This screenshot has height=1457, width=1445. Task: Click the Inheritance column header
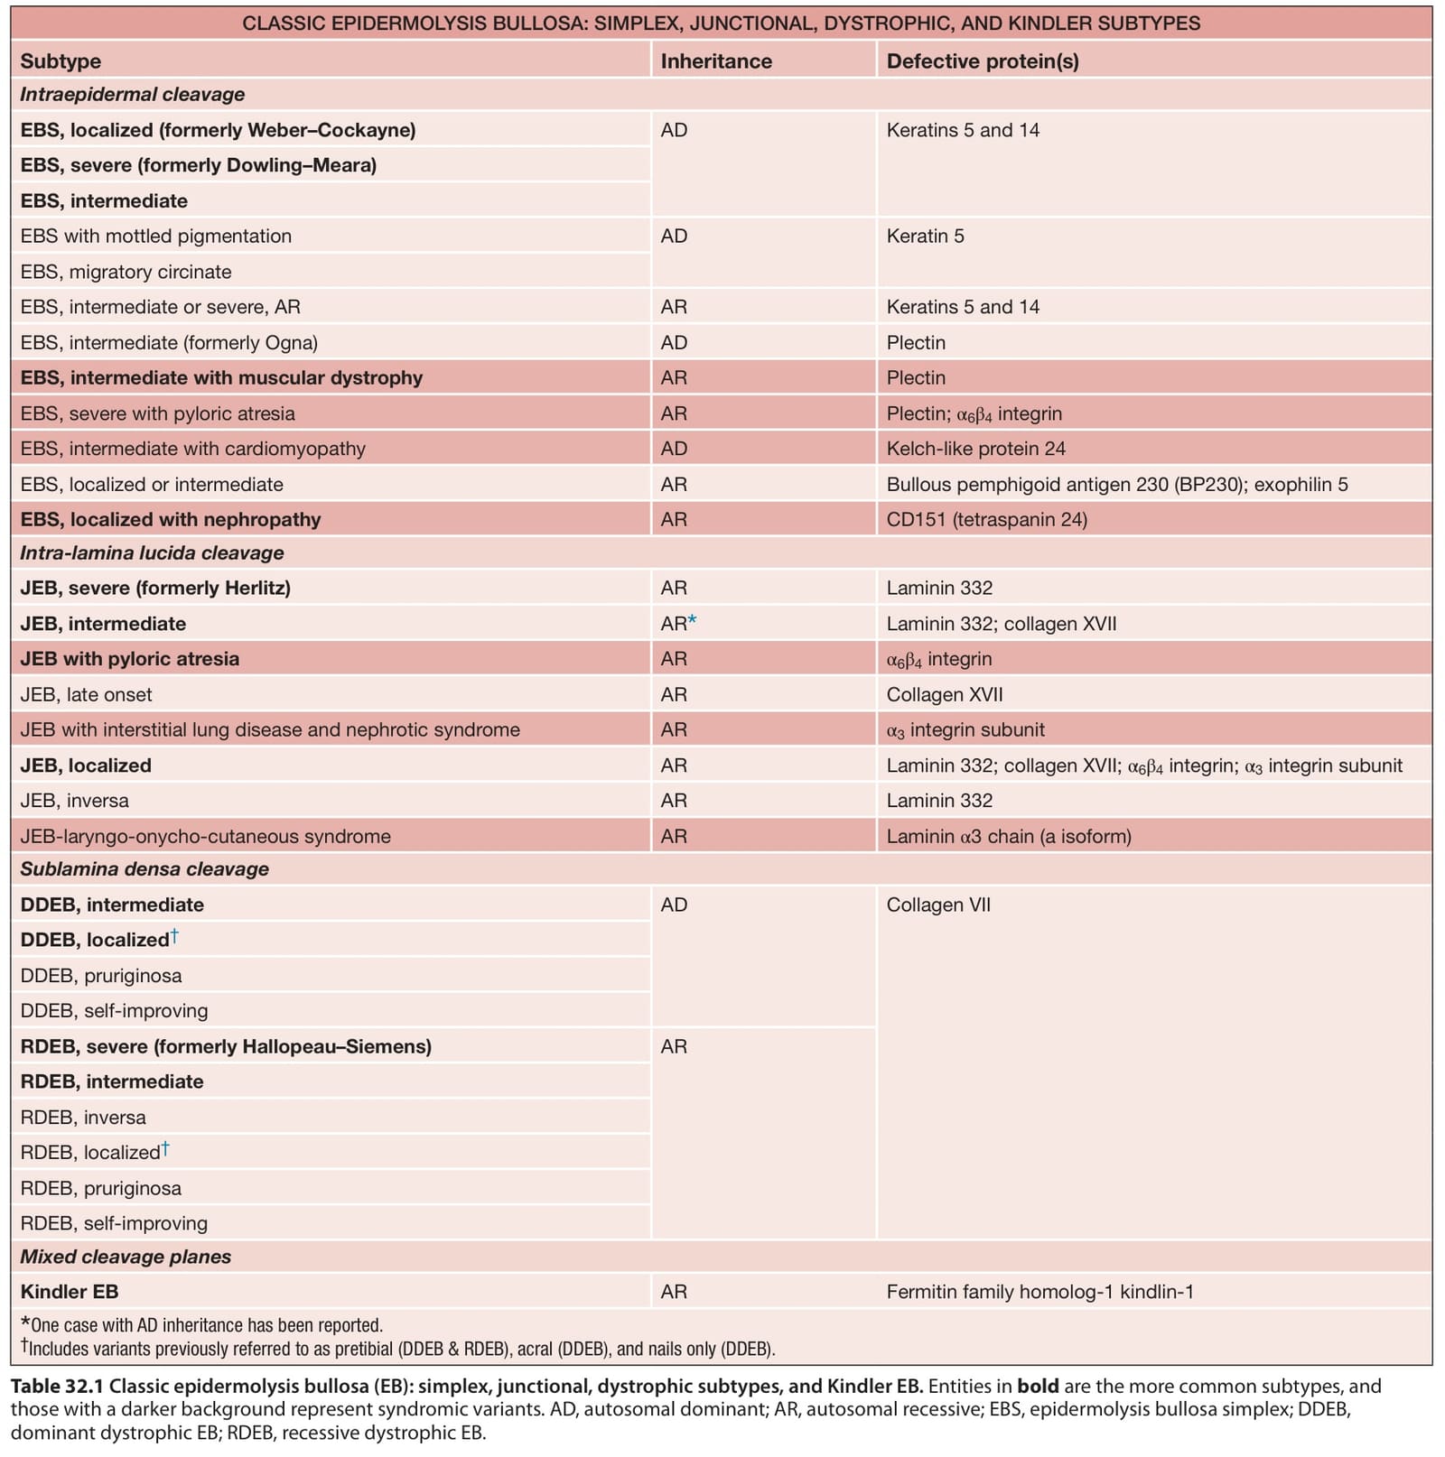(716, 61)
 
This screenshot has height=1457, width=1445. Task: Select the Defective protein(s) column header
(983, 61)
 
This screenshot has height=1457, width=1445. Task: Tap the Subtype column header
(61, 61)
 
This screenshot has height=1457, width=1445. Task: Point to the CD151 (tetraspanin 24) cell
(986, 520)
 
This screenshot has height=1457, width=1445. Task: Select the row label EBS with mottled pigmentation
(156, 237)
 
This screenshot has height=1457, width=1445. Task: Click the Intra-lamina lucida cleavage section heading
(152, 553)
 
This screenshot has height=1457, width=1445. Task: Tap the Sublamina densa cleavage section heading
(144, 869)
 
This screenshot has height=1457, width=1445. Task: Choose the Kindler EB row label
(70, 1292)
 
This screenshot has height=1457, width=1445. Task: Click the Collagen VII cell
(938, 905)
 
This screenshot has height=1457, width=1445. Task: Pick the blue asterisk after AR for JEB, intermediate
(693, 619)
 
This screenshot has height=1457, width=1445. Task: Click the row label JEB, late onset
(86, 695)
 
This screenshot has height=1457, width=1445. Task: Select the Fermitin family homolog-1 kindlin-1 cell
(1039, 1292)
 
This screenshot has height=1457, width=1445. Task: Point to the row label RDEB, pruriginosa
(100, 1189)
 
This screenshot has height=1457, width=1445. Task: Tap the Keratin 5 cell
(925, 237)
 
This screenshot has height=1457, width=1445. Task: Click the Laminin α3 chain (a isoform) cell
(1009, 837)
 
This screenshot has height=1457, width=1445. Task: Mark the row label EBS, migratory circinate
(126, 272)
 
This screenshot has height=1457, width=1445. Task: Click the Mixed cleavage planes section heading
(126, 1257)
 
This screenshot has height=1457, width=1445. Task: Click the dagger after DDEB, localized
(174, 936)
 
